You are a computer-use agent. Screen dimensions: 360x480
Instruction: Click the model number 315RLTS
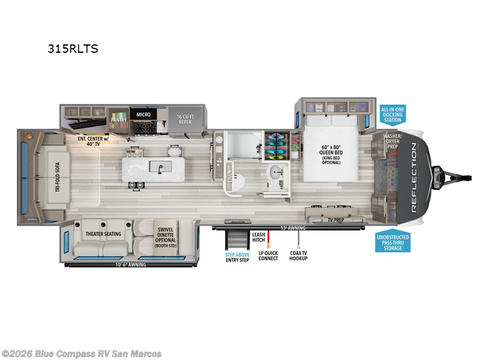point(73,49)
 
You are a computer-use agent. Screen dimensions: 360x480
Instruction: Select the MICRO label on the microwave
point(143,114)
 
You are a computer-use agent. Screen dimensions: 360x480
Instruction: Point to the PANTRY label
point(119,120)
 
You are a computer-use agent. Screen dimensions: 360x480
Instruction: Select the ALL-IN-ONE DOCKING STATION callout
point(392,115)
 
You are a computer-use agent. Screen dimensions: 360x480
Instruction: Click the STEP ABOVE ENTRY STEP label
point(237,257)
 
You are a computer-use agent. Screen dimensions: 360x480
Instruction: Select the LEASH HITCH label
point(259,237)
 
